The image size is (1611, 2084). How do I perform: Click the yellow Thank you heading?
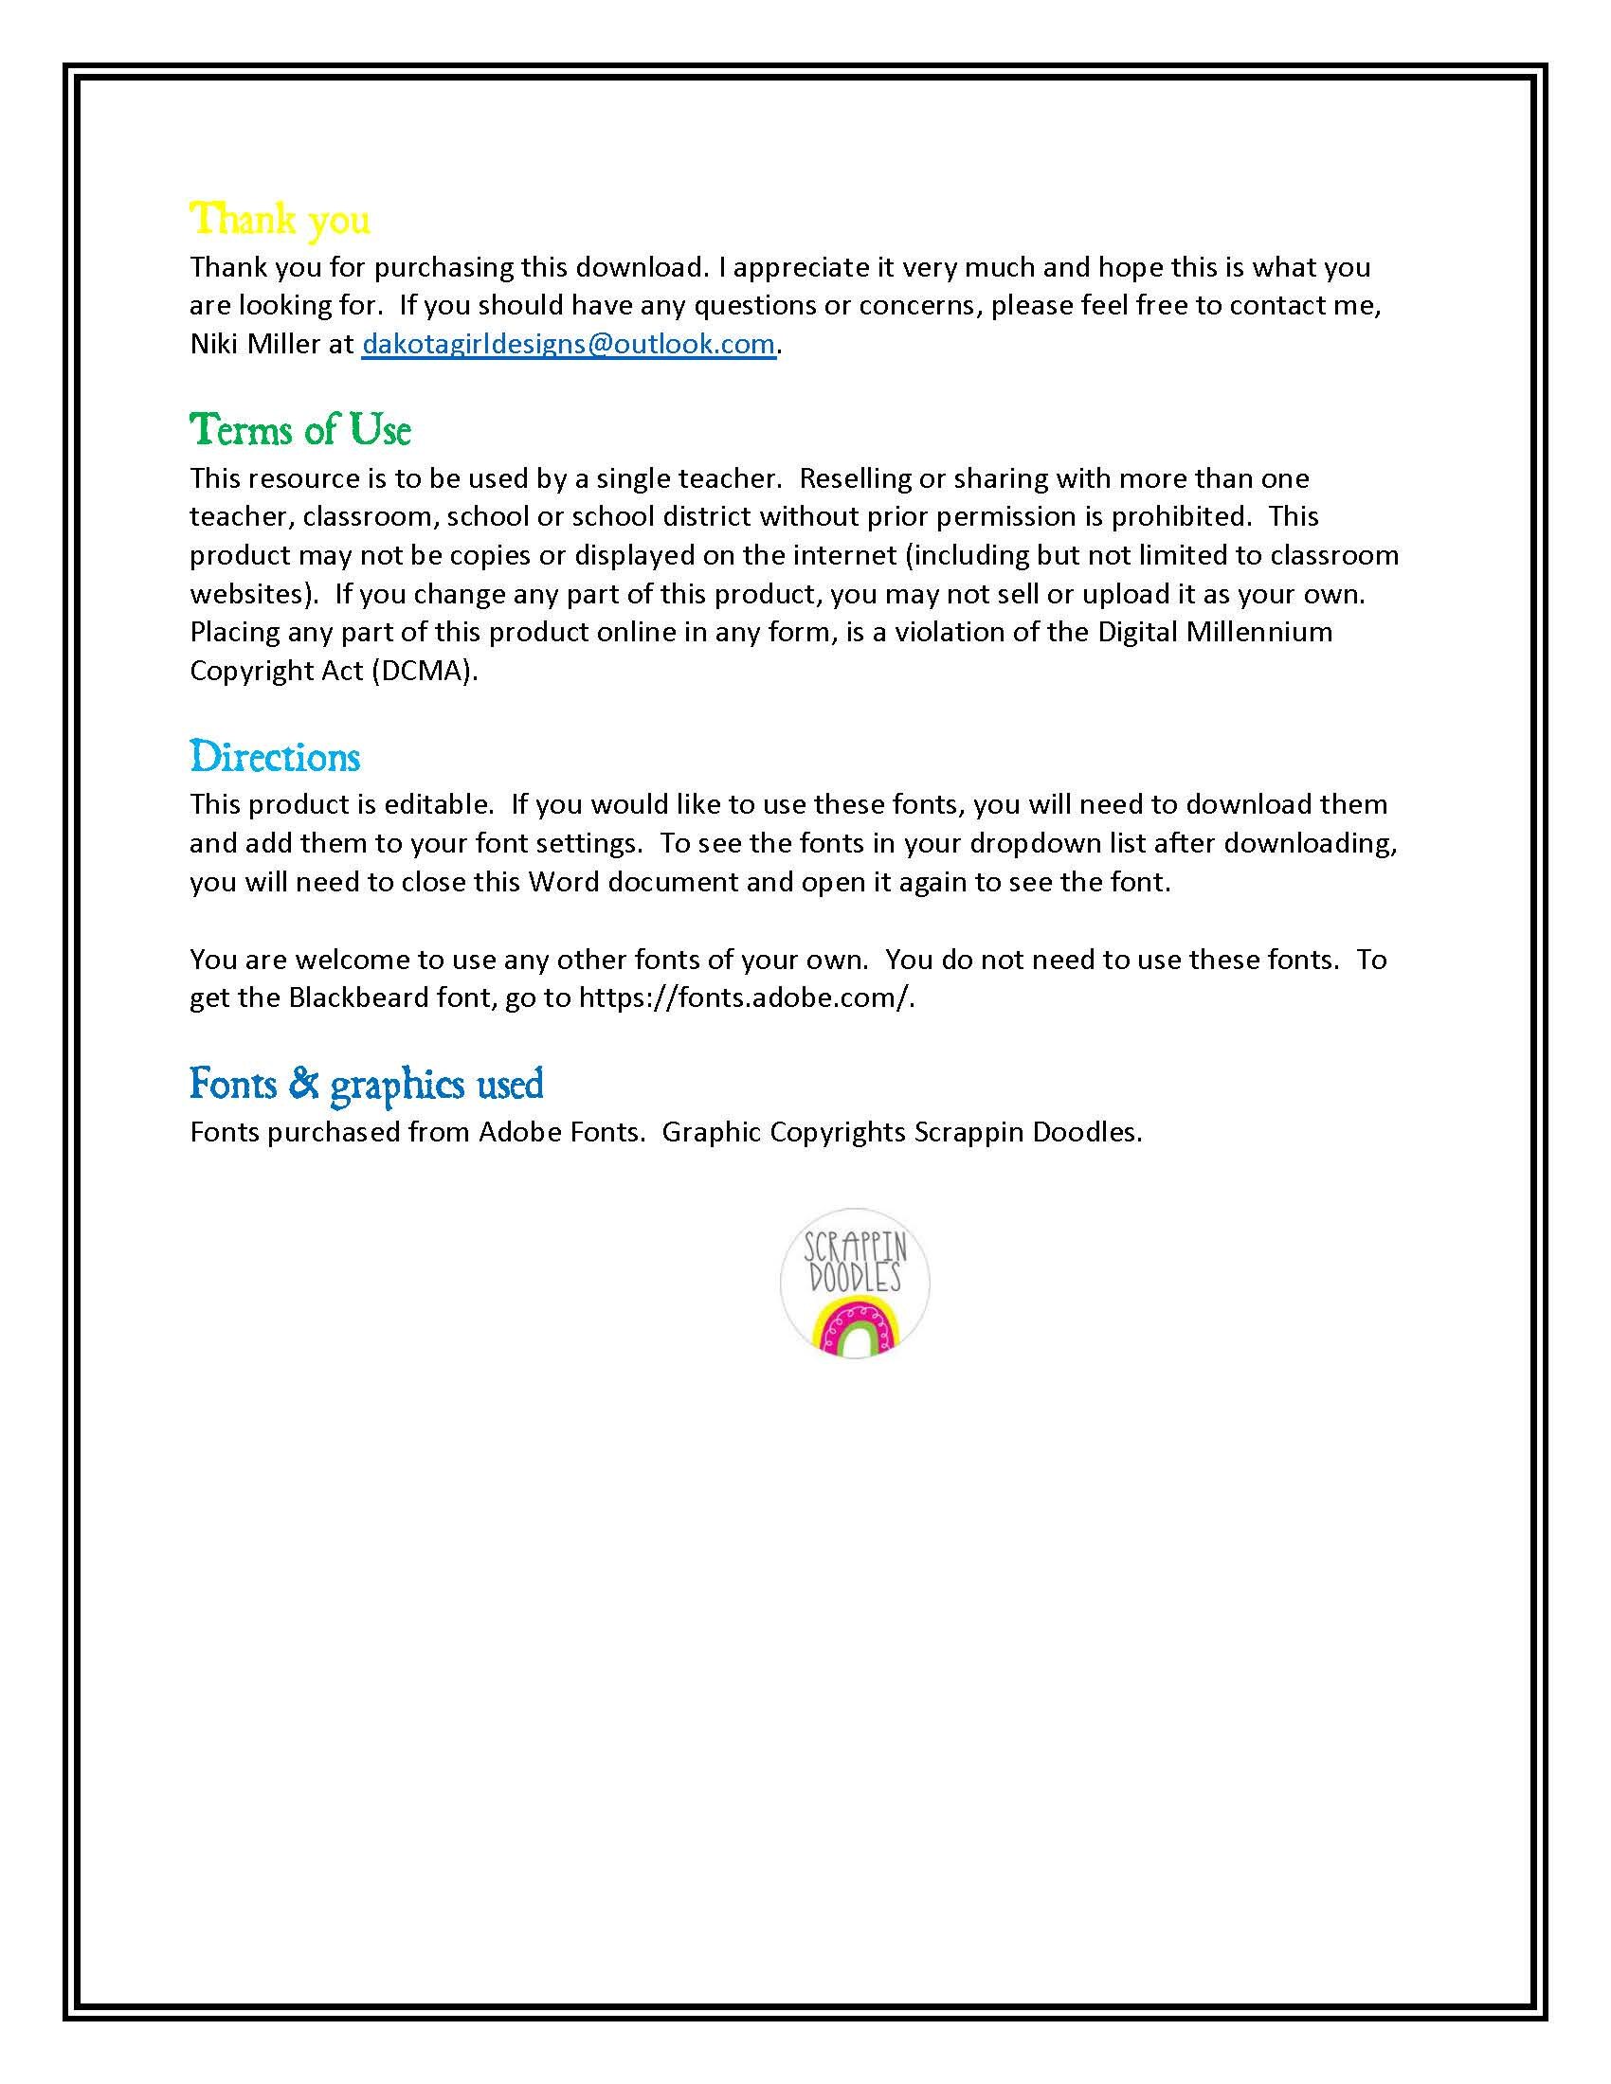click(280, 221)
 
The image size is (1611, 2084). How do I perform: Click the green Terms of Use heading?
click(299, 431)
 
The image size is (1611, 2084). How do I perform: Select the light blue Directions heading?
click(275, 758)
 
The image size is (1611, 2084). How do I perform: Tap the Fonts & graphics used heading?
click(367, 1085)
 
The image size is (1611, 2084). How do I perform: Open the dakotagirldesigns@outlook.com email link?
click(568, 345)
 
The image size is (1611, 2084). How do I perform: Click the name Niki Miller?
click(255, 345)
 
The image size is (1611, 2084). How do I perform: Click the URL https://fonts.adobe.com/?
click(747, 998)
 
